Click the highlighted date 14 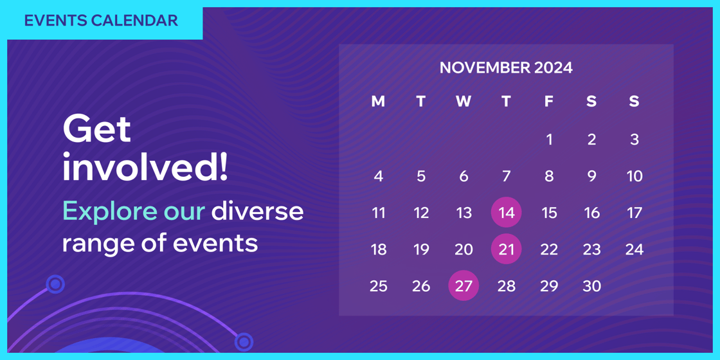506,213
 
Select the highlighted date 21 506,249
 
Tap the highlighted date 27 464,286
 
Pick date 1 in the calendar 549,139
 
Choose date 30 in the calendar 591,286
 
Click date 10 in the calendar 634,176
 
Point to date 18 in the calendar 379,249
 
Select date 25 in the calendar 379,286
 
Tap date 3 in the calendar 634,139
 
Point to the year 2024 553,68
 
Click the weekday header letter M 378,102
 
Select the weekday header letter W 464,102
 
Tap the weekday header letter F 549,102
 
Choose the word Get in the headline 97,129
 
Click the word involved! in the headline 145,167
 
